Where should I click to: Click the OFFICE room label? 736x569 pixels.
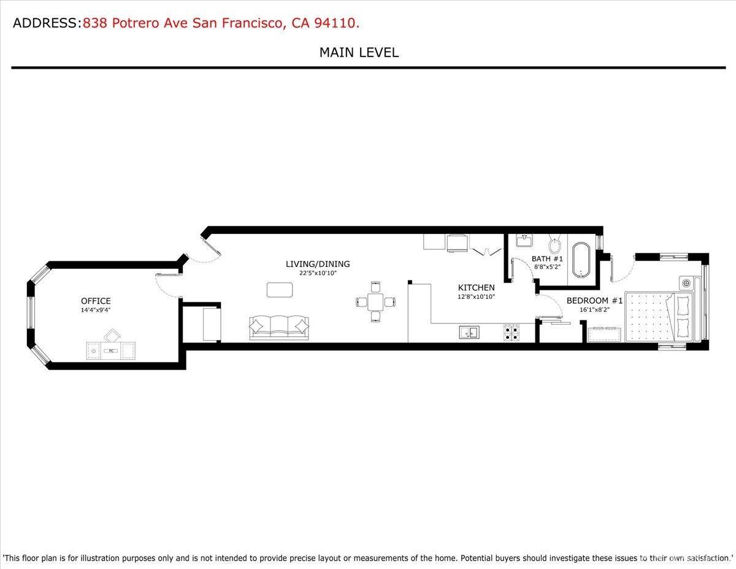tap(96, 301)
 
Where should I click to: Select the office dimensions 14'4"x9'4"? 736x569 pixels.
tap(96, 311)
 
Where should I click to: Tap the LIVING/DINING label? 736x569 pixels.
tap(318, 264)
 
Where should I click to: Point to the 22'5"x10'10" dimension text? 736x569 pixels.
tap(318, 274)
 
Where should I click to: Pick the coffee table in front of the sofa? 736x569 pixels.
tap(280, 288)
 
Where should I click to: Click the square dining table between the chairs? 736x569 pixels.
tap(375, 301)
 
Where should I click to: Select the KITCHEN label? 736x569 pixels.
tap(476, 287)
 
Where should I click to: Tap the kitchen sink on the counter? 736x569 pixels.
tap(470, 333)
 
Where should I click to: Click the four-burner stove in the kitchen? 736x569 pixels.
tap(511, 332)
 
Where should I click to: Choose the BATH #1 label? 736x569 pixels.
tap(547, 259)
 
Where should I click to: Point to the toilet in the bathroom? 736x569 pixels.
tap(555, 246)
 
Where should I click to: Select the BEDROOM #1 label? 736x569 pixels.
tap(594, 301)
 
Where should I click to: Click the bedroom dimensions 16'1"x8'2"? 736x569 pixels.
tap(594, 311)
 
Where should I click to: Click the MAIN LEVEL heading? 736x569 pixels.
tap(359, 53)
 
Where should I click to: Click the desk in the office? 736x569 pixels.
tap(110, 350)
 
